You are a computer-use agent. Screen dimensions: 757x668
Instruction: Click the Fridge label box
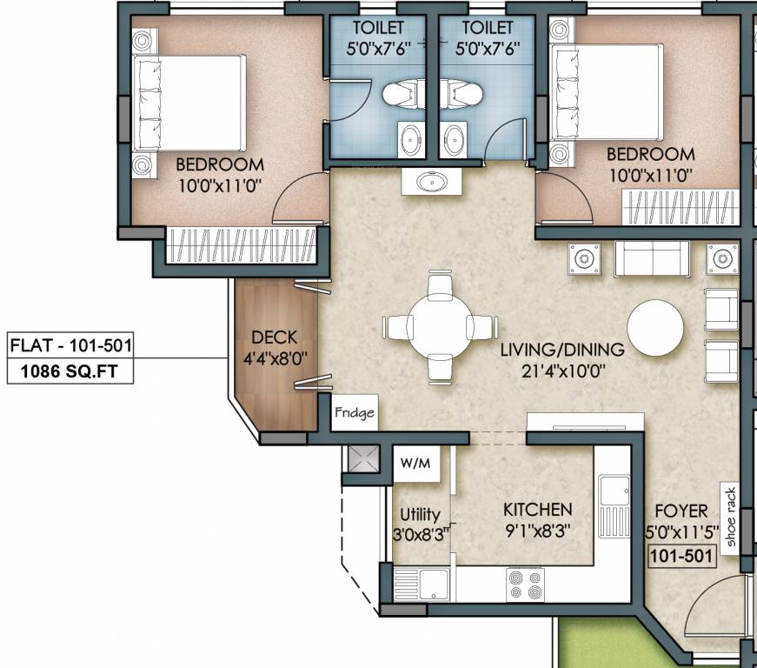point(355,412)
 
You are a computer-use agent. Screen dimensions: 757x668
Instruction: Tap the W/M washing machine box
point(416,464)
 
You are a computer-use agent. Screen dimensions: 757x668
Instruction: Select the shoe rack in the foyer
point(729,518)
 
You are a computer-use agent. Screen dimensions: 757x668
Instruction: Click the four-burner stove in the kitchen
point(525,584)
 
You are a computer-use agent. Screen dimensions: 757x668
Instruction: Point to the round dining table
point(439,328)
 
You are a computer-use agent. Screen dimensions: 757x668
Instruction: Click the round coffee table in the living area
point(655,329)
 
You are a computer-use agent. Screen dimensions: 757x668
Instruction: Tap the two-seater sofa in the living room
point(652,258)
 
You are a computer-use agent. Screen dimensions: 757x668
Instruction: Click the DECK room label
point(275,337)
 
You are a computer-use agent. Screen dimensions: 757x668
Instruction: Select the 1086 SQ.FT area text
point(70,371)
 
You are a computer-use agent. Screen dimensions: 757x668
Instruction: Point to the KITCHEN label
point(538,510)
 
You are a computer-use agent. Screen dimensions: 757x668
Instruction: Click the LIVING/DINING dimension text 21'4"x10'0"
point(563,371)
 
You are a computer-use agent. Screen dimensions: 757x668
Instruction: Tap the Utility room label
point(420,515)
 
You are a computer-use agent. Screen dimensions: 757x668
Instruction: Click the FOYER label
point(681,511)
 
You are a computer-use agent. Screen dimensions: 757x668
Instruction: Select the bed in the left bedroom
point(189,103)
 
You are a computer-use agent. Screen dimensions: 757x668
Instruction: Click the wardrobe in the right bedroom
point(681,208)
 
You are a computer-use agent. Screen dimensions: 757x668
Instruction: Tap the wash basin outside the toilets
point(432,182)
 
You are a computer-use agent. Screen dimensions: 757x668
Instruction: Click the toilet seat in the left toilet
point(400,94)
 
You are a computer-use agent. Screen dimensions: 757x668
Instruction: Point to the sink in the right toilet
point(455,140)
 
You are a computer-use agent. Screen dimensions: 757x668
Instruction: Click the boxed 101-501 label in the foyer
point(681,556)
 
